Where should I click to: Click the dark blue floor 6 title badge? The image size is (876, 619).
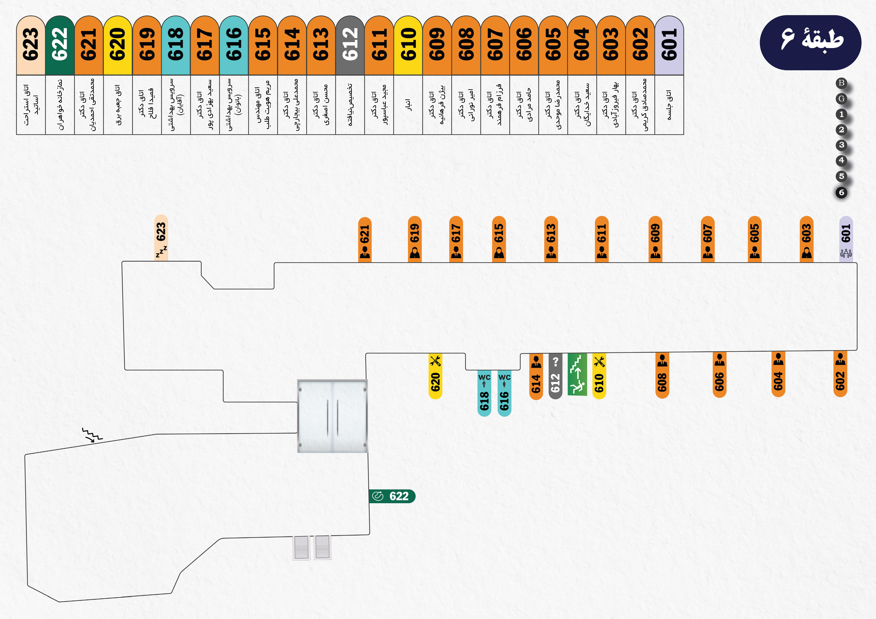coord(810,42)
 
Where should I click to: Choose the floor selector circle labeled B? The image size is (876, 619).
coord(841,83)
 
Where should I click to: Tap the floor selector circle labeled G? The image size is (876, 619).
coord(841,99)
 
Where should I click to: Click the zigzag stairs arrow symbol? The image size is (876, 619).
coord(92,435)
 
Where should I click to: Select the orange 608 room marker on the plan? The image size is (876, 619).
coord(662,375)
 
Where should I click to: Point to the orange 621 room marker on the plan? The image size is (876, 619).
coord(365,239)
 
